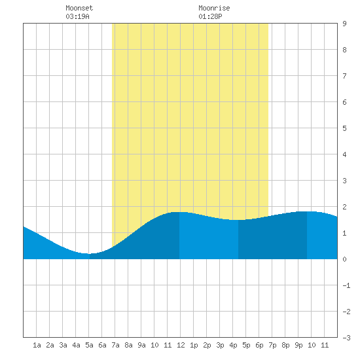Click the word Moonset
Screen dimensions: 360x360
[79, 8]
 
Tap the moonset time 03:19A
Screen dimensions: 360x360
[77, 16]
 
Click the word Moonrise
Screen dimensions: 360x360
[214, 8]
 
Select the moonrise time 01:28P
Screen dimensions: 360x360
[210, 16]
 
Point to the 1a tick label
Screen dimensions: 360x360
[37, 345]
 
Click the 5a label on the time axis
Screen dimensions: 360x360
[89, 345]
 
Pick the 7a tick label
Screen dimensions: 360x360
[115, 345]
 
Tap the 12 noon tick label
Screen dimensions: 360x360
[181, 345]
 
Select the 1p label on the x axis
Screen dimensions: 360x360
[194, 345]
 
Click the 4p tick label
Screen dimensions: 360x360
[233, 345]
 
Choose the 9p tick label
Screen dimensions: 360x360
[298, 345]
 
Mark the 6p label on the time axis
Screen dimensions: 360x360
[259, 345]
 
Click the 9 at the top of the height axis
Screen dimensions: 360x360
[344, 24]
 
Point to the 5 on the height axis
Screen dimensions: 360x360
[344, 128]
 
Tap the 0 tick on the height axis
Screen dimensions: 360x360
[344, 259]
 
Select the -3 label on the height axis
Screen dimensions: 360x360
[346, 338]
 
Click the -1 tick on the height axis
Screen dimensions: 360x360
[346, 285]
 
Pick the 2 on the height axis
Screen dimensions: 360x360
[344, 207]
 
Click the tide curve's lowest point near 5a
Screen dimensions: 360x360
[88, 254]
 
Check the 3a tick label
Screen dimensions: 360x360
[63, 345]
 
